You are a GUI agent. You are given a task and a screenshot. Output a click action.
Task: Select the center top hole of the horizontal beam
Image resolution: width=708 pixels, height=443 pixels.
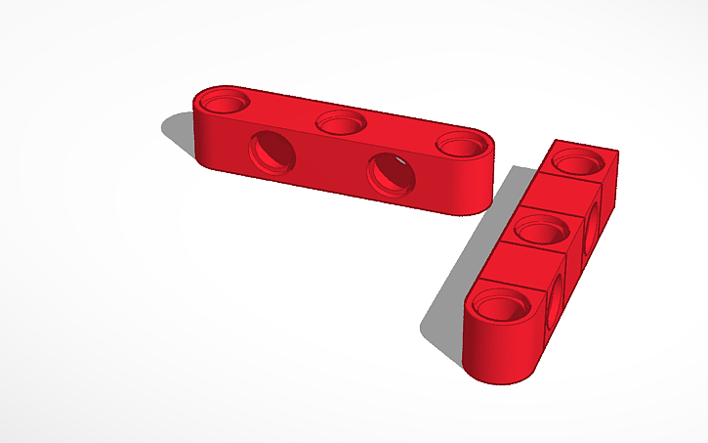coord(341,123)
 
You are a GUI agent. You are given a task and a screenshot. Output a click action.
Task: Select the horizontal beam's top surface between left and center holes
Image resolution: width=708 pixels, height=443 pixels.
coord(283,111)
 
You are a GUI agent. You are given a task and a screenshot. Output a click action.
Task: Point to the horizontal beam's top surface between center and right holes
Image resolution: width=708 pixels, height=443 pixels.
coord(400,134)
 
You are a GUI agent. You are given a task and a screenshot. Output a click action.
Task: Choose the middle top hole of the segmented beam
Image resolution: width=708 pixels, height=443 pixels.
coord(540,232)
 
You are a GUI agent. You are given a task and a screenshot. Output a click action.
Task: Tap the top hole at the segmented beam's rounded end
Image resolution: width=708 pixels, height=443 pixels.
coord(503,308)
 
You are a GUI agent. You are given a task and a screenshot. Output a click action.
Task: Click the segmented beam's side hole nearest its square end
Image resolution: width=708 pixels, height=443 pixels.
coord(593,227)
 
